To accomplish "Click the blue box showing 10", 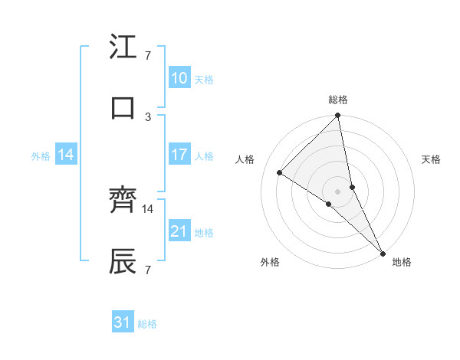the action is coord(179,77).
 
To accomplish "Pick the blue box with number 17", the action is coord(179,155).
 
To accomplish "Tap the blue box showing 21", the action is coord(179,231).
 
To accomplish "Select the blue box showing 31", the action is coord(123,322).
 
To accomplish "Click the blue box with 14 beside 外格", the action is coord(66,155).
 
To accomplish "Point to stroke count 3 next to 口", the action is coord(148,116).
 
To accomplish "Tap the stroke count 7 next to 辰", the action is coord(147,270).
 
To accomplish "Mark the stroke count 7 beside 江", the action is coord(147,55).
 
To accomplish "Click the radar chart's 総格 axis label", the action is coord(338,100).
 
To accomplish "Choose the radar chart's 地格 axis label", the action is coord(402,262).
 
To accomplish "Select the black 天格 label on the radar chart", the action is coord(431,159).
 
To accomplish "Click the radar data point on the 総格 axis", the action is coord(338,116).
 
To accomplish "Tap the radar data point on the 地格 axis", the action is coord(383,252).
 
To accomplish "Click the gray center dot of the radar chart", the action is coord(338,191).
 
